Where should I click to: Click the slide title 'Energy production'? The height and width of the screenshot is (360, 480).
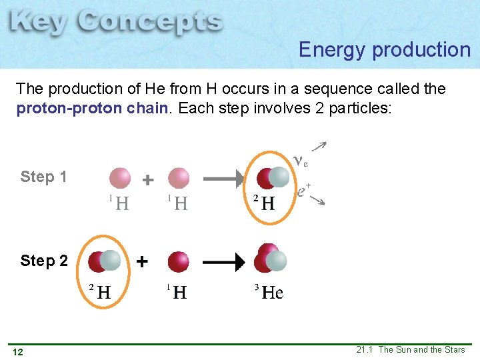click(385, 50)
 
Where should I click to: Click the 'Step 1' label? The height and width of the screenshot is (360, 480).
click(44, 177)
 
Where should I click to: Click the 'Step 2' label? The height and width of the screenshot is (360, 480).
click(44, 261)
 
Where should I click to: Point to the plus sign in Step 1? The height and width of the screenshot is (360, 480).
click(148, 180)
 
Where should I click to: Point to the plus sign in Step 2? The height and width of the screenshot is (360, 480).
click(141, 262)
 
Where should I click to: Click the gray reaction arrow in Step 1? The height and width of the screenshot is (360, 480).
click(223, 179)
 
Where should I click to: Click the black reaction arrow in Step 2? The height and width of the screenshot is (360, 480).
click(223, 262)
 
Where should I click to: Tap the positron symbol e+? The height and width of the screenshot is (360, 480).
click(304, 191)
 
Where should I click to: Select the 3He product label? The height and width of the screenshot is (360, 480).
click(269, 292)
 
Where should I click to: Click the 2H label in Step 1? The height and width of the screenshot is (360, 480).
click(263, 203)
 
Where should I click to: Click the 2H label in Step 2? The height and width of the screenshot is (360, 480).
click(100, 291)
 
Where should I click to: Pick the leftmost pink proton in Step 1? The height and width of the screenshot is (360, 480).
click(120, 178)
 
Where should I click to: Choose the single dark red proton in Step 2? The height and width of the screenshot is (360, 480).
click(179, 261)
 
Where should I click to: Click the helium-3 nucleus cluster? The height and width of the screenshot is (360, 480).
click(270, 259)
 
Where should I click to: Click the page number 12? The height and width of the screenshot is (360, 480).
click(18, 351)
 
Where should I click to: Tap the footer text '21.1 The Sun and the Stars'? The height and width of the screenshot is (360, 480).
click(411, 350)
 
